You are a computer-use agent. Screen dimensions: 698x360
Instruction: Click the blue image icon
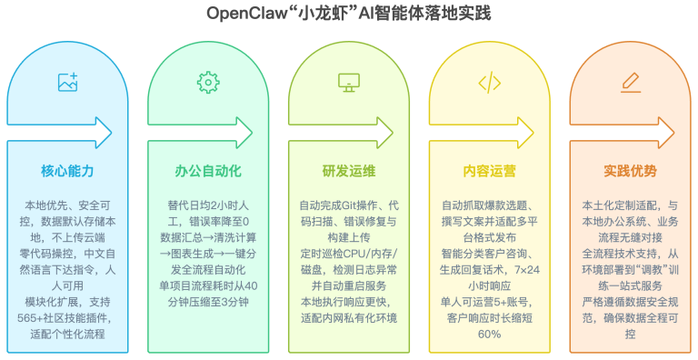point(67,83)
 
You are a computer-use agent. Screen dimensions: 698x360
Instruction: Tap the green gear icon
point(208,83)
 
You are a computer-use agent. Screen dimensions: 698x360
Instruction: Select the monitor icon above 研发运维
point(349,83)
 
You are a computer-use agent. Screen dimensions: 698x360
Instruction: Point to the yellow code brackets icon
point(490,83)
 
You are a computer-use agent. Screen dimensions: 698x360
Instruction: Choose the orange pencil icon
point(631,83)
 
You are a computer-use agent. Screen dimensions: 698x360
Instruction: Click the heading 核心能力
point(67,171)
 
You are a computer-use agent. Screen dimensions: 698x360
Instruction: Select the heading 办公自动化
point(208,171)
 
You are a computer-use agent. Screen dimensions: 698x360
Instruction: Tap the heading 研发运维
point(349,171)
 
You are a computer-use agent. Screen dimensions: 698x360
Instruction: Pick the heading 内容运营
point(490,171)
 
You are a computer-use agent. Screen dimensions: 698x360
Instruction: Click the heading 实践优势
point(631,171)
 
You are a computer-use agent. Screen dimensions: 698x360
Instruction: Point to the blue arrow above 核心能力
point(59,133)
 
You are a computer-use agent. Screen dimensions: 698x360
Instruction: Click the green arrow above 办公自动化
point(200,133)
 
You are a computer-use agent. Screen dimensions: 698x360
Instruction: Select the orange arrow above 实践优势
point(622,133)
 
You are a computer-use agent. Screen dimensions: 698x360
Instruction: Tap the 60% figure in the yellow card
point(490,335)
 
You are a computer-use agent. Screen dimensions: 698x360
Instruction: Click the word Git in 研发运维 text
point(350,205)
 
